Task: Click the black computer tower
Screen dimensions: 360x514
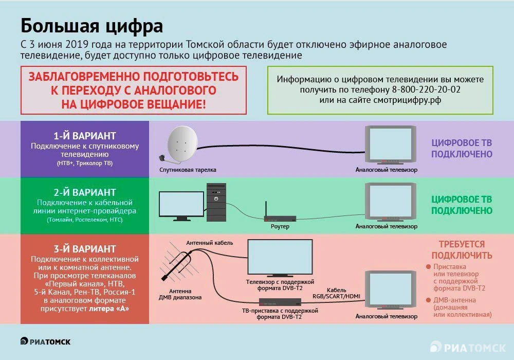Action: point(217,202)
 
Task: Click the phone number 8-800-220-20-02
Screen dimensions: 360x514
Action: point(426,90)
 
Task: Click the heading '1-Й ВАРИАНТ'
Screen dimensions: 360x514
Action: point(85,136)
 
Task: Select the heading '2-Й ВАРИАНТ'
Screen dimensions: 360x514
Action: point(85,193)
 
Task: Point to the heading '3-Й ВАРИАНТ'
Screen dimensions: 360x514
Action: point(85,248)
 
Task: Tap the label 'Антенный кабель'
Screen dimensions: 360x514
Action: point(210,242)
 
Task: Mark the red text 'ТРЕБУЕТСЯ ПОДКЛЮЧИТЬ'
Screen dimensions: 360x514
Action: point(462,250)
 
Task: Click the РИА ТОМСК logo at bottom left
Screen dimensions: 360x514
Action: point(46,341)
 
